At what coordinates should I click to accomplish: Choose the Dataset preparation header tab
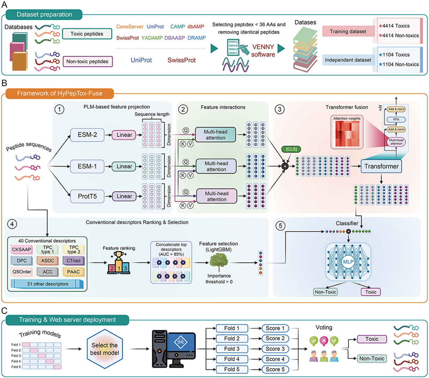click(45, 15)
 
